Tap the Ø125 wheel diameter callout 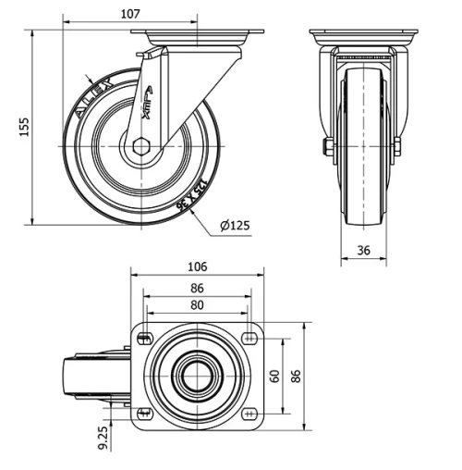pos(236,225)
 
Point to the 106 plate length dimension pos(197,266)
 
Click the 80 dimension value pos(197,305)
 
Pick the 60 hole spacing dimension pos(274,376)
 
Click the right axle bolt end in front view pos(396,147)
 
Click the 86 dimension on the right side pos(297,376)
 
